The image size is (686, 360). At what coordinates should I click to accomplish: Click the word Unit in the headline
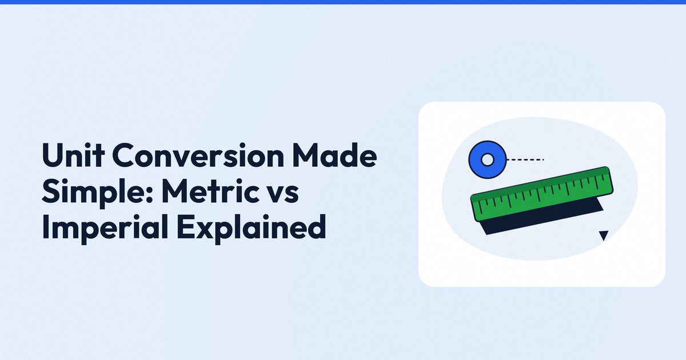[73, 155]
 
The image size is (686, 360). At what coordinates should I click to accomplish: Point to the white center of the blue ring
[488, 159]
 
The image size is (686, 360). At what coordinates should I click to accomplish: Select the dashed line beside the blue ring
[525, 159]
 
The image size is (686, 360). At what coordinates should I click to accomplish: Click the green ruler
[542, 194]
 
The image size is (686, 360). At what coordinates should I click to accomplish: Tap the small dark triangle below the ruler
[604, 235]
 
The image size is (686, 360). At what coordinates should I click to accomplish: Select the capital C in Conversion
[128, 155]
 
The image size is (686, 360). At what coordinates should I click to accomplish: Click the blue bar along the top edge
[343, 2]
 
